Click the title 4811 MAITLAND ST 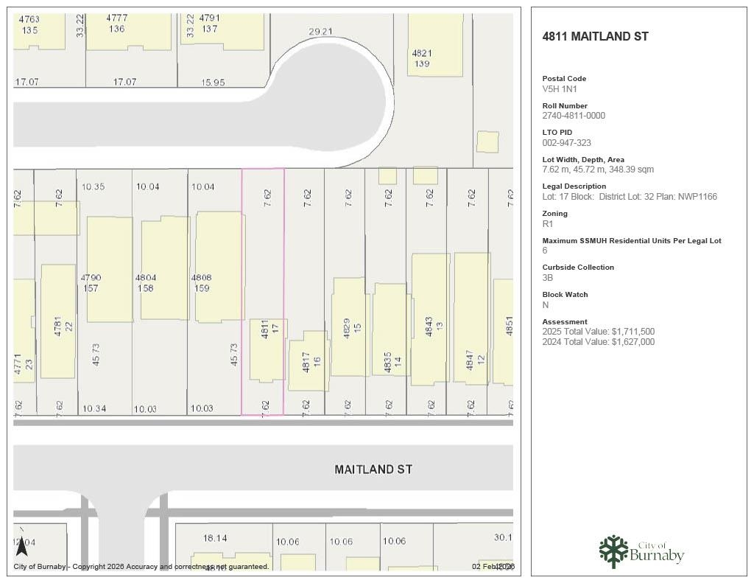tap(595, 36)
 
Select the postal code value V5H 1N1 tap(560, 88)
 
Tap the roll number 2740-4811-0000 tap(574, 116)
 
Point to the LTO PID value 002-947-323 tap(566, 143)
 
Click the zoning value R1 tap(547, 224)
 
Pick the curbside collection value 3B tap(547, 278)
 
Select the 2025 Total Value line tap(598, 332)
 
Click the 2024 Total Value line tap(598, 342)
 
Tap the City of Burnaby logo tap(641, 551)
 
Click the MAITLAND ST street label tap(373, 469)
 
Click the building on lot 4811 tap(267, 350)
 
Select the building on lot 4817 tap(308, 361)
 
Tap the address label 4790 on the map tap(91, 278)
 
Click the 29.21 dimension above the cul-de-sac tap(320, 32)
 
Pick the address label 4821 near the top tap(421, 53)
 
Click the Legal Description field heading tap(574, 186)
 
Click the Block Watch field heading tap(565, 295)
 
